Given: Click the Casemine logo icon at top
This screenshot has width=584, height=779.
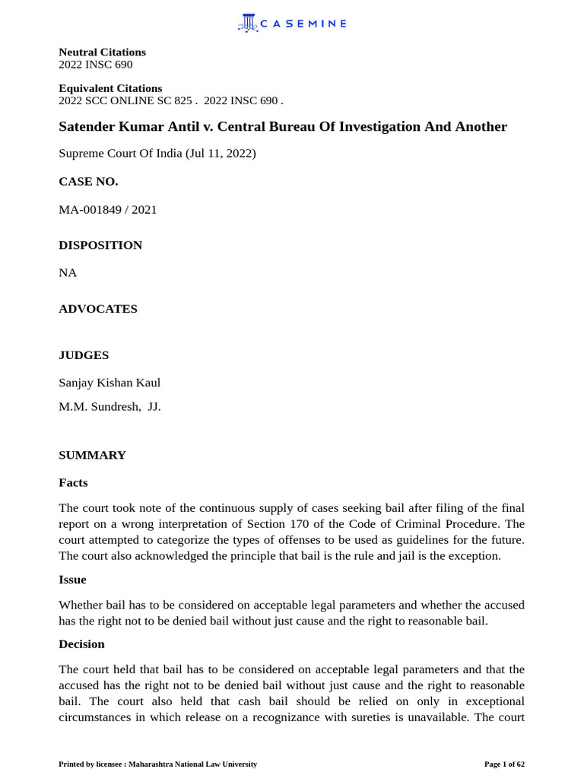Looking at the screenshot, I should [x=248, y=23].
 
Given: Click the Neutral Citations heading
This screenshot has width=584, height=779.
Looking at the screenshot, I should [x=102, y=52].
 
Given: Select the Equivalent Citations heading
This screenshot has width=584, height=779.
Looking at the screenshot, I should [x=110, y=88].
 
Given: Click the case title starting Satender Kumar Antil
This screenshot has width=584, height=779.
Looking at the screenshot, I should [x=283, y=126].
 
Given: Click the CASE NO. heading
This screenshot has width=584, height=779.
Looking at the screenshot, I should [x=88, y=181].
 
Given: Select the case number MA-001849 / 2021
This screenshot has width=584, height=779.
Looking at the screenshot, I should [x=108, y=209].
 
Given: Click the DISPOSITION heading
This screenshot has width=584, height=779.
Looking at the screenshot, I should [x=100, y=245].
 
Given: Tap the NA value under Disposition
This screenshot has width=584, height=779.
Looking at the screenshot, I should [x=68, y=272].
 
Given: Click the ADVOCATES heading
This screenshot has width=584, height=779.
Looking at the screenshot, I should [x=98, y=309].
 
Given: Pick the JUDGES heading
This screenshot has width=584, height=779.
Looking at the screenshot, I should [x=84, y=355].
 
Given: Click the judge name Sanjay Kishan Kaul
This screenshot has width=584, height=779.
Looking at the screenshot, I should [x=109, y=383].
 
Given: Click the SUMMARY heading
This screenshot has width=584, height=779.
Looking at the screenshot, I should [x=92, y=455].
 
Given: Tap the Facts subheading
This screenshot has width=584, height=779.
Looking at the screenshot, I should [x=73, y=482].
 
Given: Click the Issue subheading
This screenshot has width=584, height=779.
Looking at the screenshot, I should [x=72, y=580].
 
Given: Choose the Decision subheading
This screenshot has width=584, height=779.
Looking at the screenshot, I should [x=81, y=644].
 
